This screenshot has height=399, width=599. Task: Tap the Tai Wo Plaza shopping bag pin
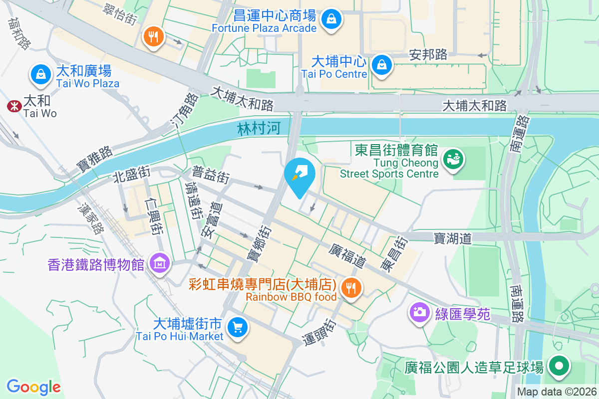coord(41,74)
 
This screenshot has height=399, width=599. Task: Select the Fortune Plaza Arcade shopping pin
coord(330,20)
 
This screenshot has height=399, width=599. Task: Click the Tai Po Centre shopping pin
coord(382,65)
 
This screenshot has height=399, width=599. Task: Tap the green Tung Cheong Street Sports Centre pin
coord(454,159)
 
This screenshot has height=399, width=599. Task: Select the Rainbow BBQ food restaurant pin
coord(352,288)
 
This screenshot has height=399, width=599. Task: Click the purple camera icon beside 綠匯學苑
coord(420,313)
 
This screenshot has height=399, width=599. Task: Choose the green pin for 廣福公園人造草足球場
coord(559,367)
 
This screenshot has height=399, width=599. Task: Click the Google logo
coord(33,387)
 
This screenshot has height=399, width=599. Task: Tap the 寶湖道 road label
coord(453,239)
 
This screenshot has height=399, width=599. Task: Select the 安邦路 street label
coord(428,54)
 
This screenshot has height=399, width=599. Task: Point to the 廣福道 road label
coord(348,255)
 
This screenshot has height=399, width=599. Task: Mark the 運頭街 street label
coord(320,332)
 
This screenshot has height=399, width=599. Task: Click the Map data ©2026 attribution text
coord(557,392)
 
